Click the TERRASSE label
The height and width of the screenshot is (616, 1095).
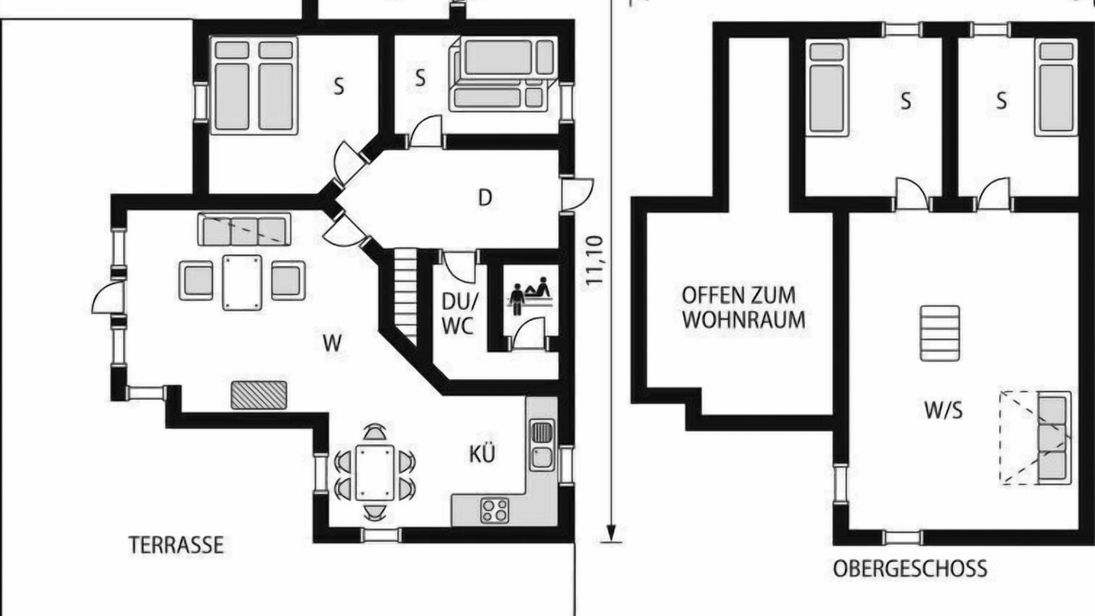(x=176, y=545)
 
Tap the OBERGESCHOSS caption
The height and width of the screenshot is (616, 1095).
(x=909, y=569)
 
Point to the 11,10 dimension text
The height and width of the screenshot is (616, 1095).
(x=594, y=261)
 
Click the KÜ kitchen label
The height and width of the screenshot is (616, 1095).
(x=482, y=453)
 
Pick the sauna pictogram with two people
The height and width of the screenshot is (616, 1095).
(x=530, y=296)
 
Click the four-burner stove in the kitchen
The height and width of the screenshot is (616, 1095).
(x=494, y=511)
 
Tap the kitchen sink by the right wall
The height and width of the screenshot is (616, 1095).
(x=542, y=445)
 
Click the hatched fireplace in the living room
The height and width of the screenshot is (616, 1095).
(x=258, y=395)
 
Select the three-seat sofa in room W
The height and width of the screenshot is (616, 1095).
(x=245, y=228)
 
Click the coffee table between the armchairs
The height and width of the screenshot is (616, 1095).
(x=242, y=282)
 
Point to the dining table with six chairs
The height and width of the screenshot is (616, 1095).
(x=375, y=473)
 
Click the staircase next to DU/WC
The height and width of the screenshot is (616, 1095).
(x=405, y=297)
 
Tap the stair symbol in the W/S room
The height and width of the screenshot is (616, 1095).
(x=939, y=334)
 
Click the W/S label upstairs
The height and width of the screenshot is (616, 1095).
(x=944, y=411)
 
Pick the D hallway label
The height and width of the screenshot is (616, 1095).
(x=484, y=198)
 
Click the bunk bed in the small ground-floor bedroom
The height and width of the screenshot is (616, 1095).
(x=504, y=74)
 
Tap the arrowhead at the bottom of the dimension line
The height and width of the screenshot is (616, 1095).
(x=611, y=531)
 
